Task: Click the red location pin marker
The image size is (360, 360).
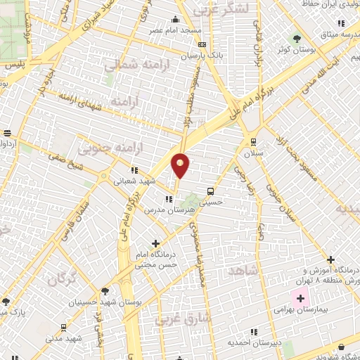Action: coord(181,165)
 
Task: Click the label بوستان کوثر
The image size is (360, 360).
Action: coord(296,50)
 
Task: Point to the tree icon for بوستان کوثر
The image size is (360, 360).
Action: coord(296,39)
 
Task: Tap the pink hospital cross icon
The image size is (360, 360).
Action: coord(300,298)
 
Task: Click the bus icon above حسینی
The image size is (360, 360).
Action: coord(211,191)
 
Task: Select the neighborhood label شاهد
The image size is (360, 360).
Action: coord(243,271)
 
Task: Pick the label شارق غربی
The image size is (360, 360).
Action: coord(177,320)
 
